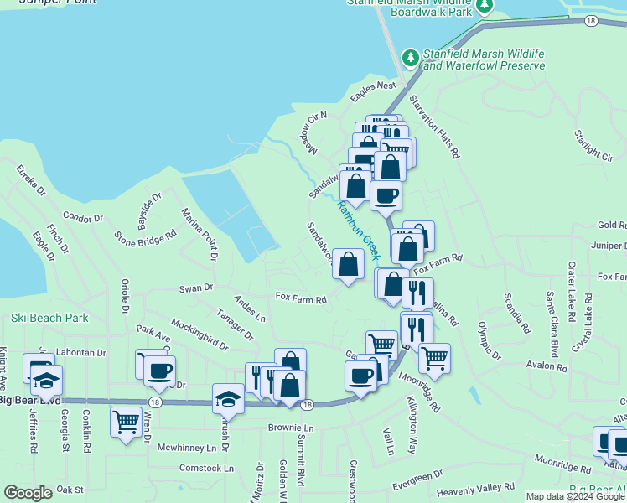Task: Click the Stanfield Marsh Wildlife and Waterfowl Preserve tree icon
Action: point(410,58)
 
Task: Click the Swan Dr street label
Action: point(196,288)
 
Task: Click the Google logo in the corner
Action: point(28,493)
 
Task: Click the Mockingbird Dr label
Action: point(199,334)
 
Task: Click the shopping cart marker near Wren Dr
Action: point(126,422)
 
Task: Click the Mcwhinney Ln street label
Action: point(182,448)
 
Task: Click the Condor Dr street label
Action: point(82,218)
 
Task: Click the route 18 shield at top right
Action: point(592,21)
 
